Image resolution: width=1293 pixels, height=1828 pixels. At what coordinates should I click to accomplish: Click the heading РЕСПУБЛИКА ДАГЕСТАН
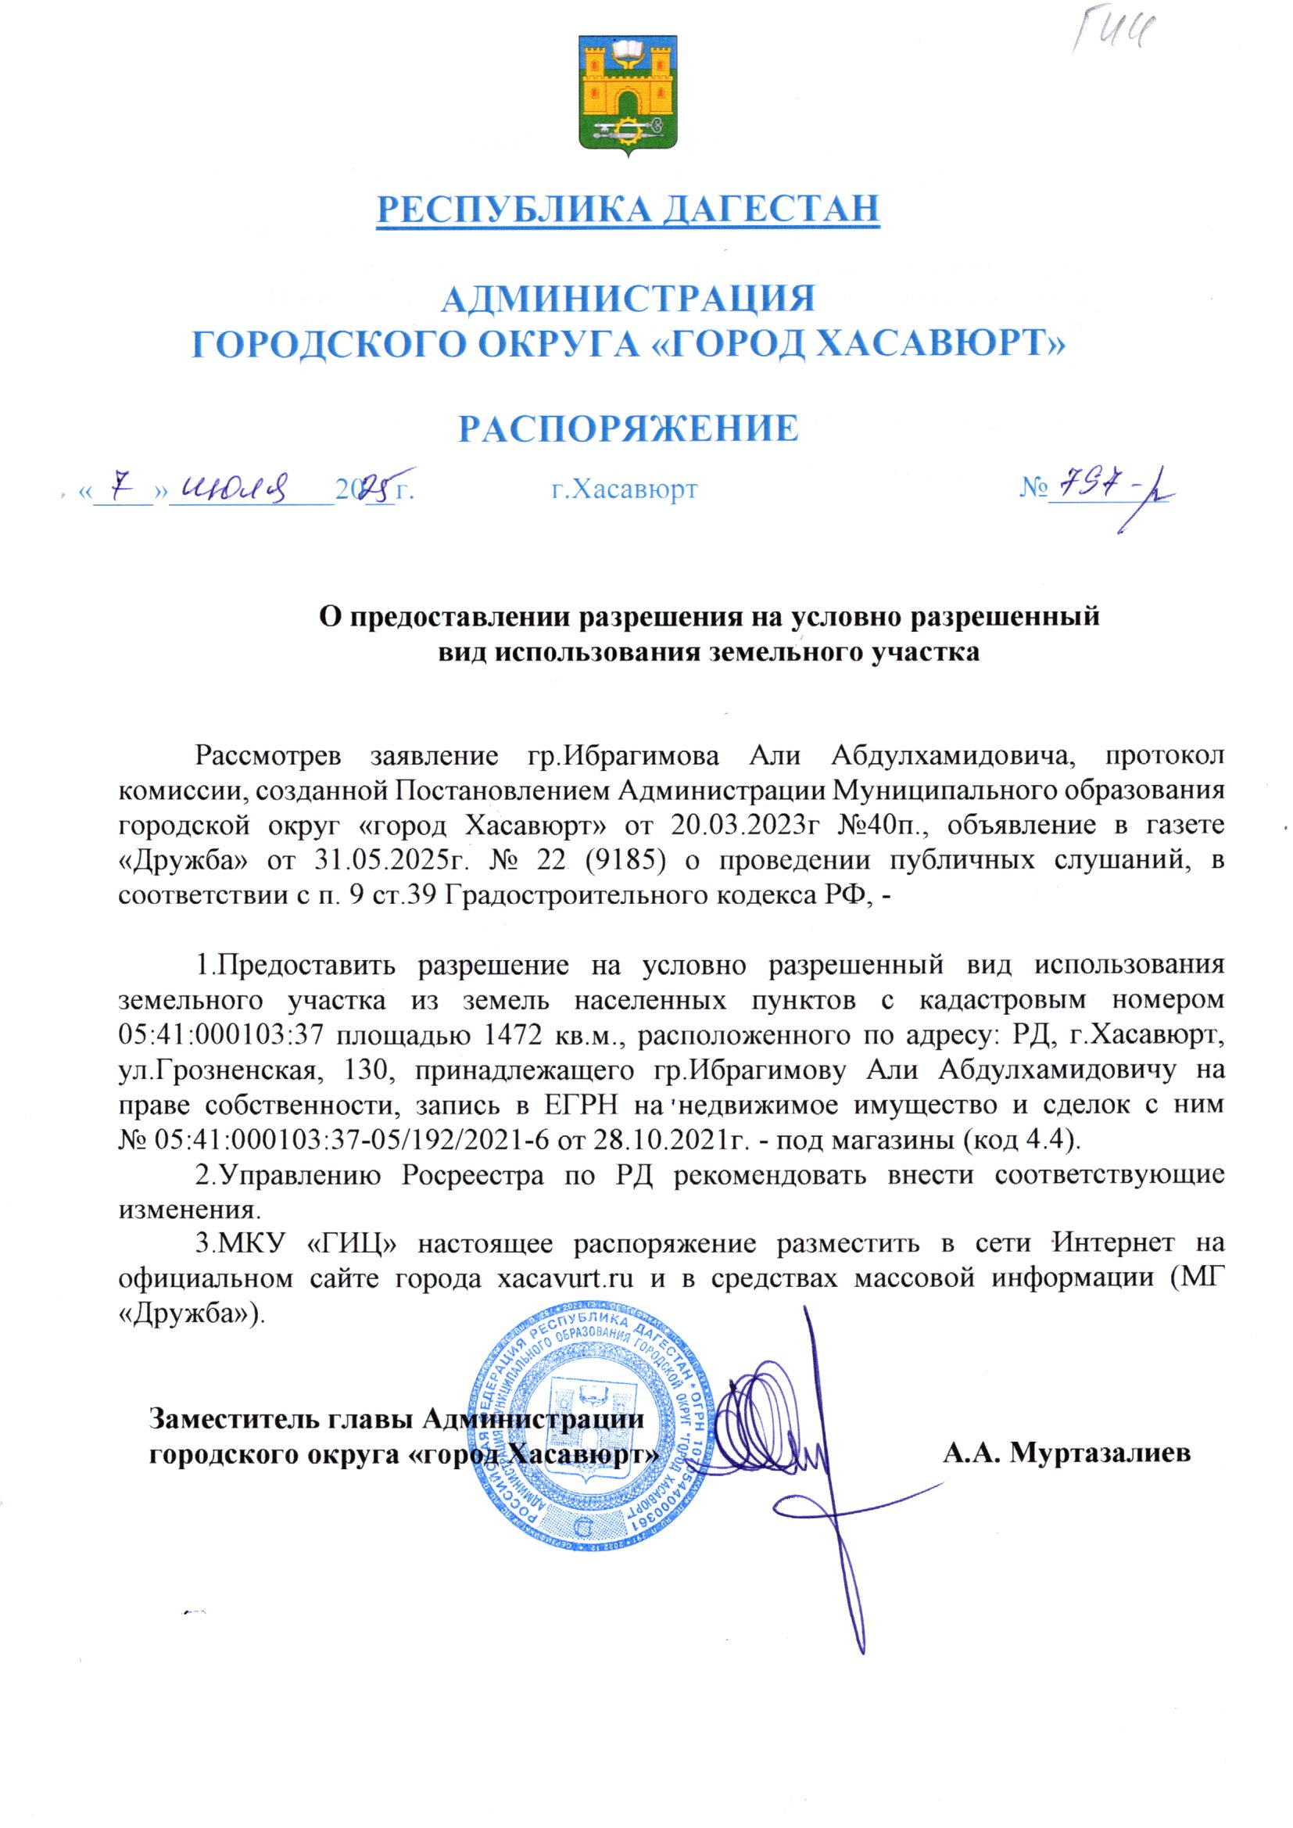[x=629, y=209]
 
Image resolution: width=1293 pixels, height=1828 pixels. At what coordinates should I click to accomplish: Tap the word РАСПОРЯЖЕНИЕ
[x=629, y=428]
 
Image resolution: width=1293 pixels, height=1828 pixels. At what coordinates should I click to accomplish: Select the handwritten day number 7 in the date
[x=122, y=483]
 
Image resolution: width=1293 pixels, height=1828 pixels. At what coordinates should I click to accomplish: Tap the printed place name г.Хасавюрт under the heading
[x=625, y=489]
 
